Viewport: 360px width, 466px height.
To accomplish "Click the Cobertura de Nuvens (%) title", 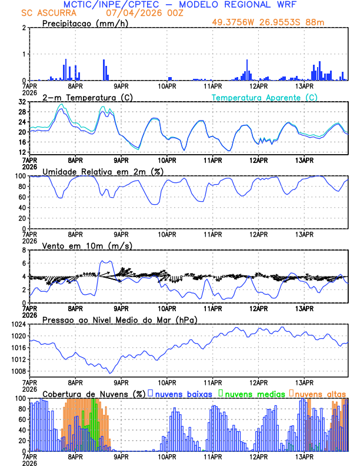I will tap(94, 394).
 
